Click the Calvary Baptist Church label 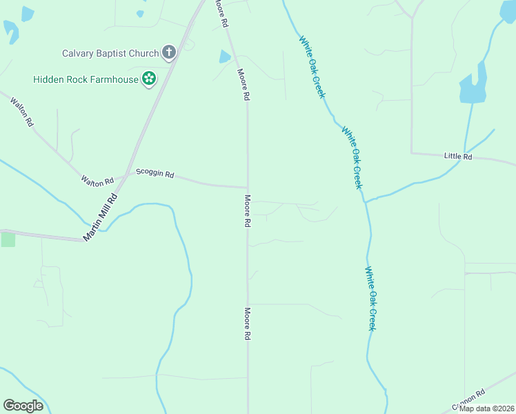pyautogui.click(x=110, y=52)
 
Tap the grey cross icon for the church pyautogui.click(x=168, y=52)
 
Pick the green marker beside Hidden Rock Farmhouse pyautogui.click(x=148, y=79)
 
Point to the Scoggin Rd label pyautogui.click(x=155, y=173)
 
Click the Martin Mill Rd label pyautogui.click(x=101, y=217)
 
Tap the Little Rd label pyautogui.click(x=458, y=157)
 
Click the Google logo pyautogui.click(x=23, y=406)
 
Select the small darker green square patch pyautogui.click(x=8, y=239)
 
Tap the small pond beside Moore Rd pyautogui.click(x=225, y=57)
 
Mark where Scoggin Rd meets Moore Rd pyautogui.click(x=248, y=187)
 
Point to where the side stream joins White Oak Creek pyautogui.click(x=366, y=201)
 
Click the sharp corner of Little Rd pyautogui.click(x=412, y=152)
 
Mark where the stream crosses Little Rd pyautogui.click(x=466, y=155)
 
